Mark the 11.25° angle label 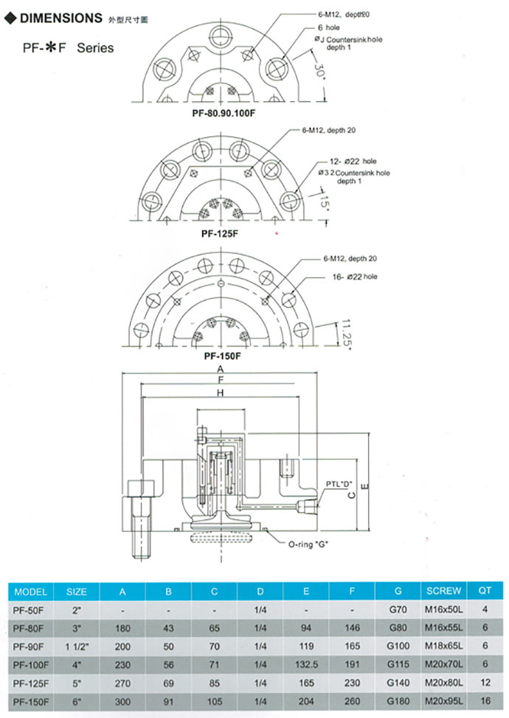pyautogui.click(x=344, y=334)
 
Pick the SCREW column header pyautogui.click(x=443, y=591)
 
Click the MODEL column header pyautogui.click(x=30, y=591)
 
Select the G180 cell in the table pyautogui.click(x=398, y=700)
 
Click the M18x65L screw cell pyautogui.click(x=443, y=646)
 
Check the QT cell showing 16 pyautogui.click(x=485, y=700)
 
